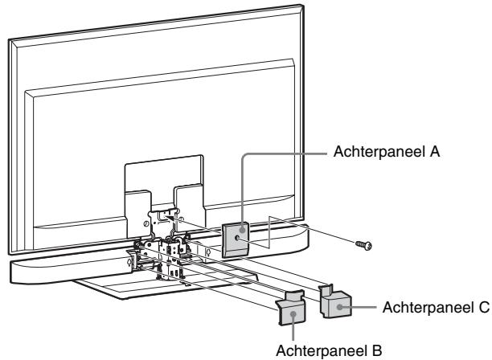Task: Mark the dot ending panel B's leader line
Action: tap(293, 316)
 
